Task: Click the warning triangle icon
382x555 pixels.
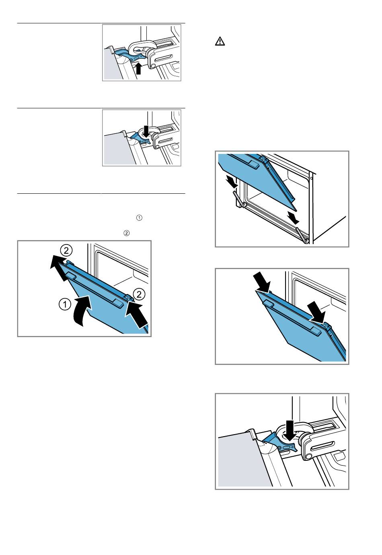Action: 220,41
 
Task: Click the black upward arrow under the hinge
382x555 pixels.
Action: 139,68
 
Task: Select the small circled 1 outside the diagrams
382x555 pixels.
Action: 140,218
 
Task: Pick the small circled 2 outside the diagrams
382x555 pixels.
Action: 126,233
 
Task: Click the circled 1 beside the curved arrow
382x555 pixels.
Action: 65,304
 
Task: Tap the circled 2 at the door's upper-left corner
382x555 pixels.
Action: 66,251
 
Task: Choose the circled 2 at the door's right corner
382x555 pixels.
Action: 139,294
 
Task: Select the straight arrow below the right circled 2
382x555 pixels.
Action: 137,314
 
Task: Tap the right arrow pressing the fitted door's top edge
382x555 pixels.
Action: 318,312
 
